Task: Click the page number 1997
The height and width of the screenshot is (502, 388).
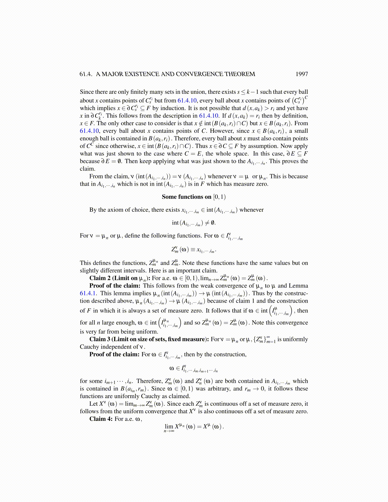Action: (301, 74)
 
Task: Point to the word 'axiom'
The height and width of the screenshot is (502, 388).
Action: (118, 210)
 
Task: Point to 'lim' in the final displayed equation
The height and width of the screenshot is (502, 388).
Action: (169, 427)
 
